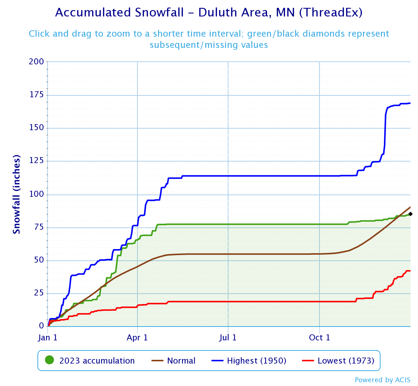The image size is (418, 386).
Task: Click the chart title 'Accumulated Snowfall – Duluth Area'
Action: pyautogui.click(x=209, y=13)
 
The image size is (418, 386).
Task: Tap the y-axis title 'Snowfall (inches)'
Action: pyautogui.click(x=16, y=194)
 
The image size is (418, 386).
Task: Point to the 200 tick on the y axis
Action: pyautogui.click(x=36, y=62)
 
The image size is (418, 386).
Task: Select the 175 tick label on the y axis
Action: pyautogui.click(x=36, y=95)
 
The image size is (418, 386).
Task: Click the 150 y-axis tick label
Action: pyautogui.click(x=36, y=128)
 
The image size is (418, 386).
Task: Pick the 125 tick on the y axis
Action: pyautogui.click(x=36, y=161)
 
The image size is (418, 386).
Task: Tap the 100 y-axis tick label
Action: pyautogui.click(x=36, y=194)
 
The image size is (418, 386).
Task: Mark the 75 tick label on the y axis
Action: pyautogui.click(x=39, y=227)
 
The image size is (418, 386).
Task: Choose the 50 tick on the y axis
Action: pyautogui.click(x=39, y=260)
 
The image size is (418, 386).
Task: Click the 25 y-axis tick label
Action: pyautogui.click(x=39, y=293)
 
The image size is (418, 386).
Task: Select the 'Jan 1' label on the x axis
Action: pyautogui.click(x=48, y=337)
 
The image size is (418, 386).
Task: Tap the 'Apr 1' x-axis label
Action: pyautogui.click(x=137, y=337)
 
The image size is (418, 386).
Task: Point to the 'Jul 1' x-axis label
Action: pyautogui.click(x=228, y=337)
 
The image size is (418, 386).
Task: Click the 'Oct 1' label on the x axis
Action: pyautogui.click(x=319, y=337)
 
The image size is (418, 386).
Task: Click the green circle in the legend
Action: pyautogui.click(x=49, y=361)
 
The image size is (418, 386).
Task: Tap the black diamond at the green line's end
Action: pyautogui.click(x=411, y=214)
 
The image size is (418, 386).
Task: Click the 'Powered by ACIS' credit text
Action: pyautogui.click(x=382, y=380)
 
